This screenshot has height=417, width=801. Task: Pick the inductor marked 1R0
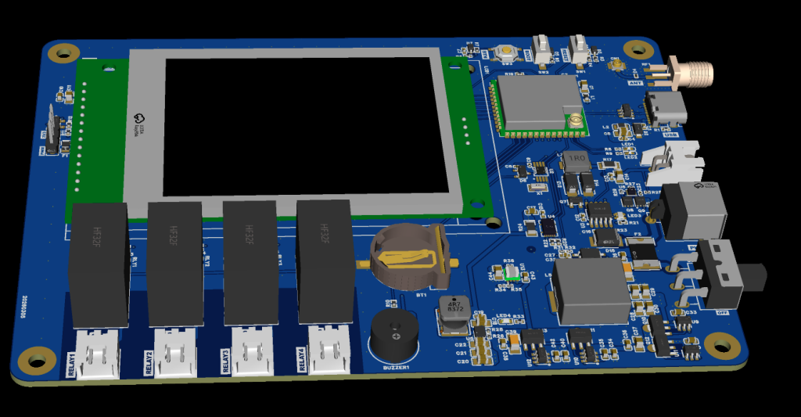click(577, 161)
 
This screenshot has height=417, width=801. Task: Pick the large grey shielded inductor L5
click(591, 289)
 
